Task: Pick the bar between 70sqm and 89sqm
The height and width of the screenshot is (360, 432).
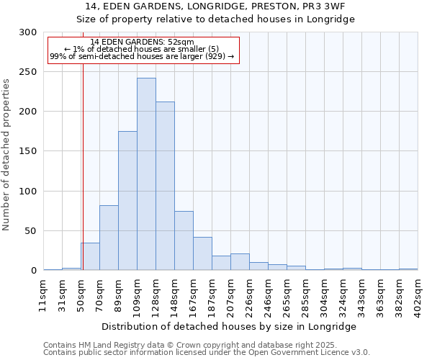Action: pos(109,238)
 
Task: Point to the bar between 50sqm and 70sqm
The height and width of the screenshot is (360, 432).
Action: pos(91,256)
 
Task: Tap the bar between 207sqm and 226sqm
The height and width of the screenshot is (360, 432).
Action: pos(240,262)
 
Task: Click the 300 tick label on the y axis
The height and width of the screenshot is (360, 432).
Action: pos(28,32)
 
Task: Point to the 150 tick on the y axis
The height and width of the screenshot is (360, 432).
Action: pos(28,151)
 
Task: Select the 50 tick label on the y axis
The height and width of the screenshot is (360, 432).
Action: pos(31,231)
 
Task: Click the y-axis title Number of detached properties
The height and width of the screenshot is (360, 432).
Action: pos(6,155)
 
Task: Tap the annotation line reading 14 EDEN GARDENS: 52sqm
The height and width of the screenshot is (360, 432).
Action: pos(143,42)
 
